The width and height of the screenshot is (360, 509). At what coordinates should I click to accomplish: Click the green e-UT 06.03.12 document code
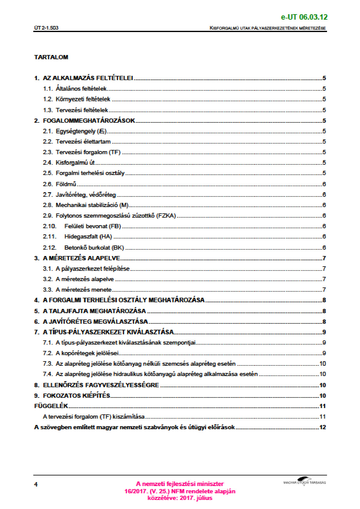point(304,17)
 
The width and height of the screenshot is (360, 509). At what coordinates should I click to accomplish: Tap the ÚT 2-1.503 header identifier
point(46,28)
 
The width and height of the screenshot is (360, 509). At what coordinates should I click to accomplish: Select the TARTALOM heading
point(51,57)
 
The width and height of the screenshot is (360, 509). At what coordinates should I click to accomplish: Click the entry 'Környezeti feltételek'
point(83,99)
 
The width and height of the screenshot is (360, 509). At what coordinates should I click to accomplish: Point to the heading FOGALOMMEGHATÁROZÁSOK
point(89,121)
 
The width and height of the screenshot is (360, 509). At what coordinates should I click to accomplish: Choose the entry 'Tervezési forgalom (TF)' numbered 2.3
point(88,152)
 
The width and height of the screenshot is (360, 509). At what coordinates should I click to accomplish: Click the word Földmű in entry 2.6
point(66,184)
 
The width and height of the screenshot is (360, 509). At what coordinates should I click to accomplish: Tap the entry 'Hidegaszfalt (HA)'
point(88,236)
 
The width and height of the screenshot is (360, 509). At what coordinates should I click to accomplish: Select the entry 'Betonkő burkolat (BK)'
point(94,248)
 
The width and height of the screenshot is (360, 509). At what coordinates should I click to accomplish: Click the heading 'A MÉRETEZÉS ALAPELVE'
point(81,258)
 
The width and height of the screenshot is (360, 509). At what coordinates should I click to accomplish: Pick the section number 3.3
point(47,290)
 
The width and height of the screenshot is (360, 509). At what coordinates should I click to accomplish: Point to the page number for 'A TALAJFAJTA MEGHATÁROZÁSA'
point(324,311)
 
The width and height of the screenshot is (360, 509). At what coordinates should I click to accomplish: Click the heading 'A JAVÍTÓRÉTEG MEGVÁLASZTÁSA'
point(95,322)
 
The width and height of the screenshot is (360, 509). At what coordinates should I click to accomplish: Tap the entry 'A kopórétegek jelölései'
point(87,353)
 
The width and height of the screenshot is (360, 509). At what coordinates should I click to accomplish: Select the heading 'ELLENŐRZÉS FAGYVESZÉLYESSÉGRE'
point(101,385)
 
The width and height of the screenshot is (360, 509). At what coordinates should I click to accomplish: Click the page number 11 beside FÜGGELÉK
point(322,406)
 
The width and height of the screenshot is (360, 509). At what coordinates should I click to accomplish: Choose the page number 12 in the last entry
point(322,427)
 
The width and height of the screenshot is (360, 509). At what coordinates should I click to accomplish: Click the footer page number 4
point(36,485)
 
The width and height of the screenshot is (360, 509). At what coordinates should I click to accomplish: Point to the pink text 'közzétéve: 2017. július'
point(180,498)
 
